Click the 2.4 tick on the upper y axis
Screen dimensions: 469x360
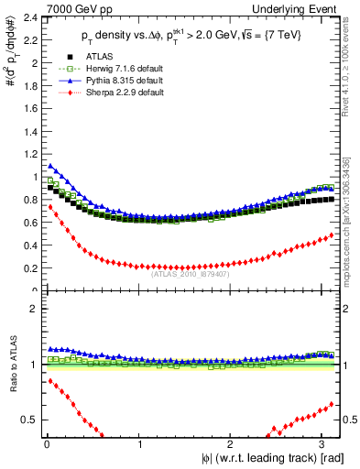point(28,17)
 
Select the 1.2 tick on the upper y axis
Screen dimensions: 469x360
point(28,154)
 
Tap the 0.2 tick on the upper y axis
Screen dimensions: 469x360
point(28,268)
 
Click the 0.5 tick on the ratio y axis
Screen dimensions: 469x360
point(28,420)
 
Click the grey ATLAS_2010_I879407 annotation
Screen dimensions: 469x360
point(191,272)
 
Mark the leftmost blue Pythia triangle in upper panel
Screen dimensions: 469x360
point(49,166)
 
